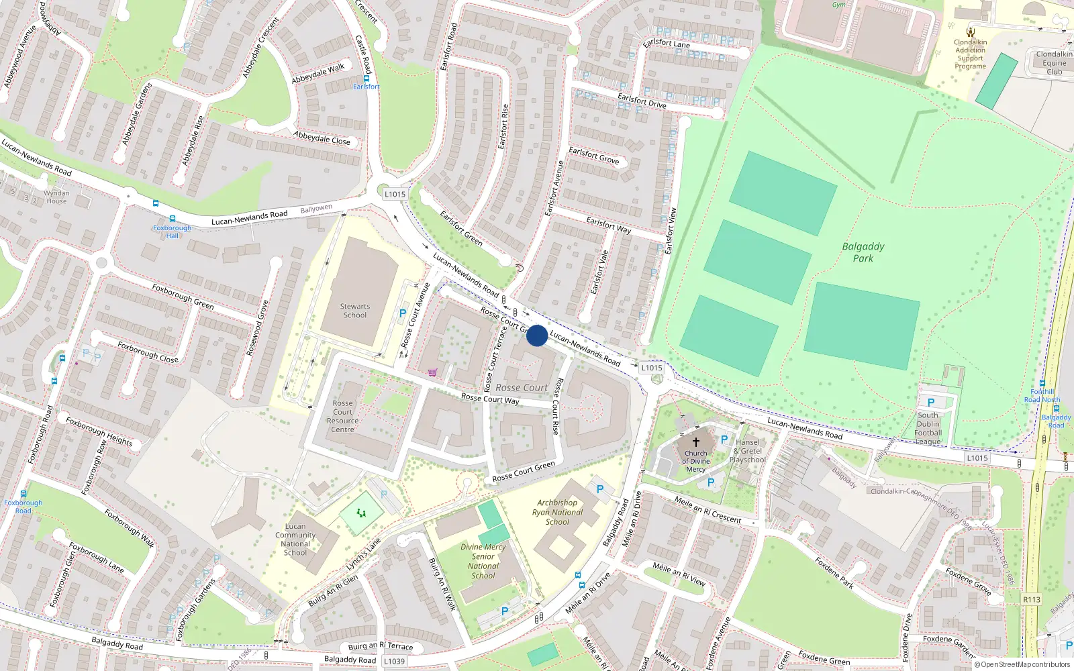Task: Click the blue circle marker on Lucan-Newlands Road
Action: (x=536, y=335)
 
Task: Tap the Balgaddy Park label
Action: (x=863, y=252)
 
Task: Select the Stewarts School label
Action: (x=354, y=311)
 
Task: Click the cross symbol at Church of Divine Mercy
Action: (x=696, y=442)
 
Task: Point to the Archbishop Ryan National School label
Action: (x=557, y=512)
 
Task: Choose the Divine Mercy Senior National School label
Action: (x=483, y=561)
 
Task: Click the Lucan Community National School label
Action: (x=295, y=539)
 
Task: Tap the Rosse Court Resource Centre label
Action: (x=342, y=417)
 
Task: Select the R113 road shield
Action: (x=1032, y=600)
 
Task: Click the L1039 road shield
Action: (x=394, y=661)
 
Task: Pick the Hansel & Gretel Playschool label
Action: (x=748, y=451)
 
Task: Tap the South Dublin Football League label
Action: (x=928, y=428)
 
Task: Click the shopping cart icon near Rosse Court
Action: (x=432, y=372)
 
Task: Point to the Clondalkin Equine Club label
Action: (x=1054, y=63)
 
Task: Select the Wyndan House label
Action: (x=56, y=197)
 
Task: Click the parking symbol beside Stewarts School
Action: (x=403, y=313)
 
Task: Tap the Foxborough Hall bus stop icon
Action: (x=173, y=219)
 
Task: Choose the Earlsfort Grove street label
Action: (x=594, y=156)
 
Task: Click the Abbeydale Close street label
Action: (x=322, y=138)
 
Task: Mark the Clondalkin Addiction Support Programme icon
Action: (x=970, y=32)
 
